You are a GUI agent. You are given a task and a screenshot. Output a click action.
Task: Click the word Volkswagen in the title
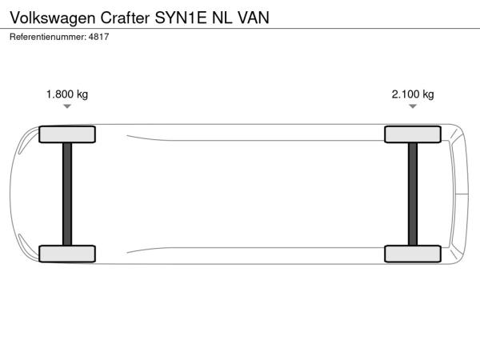[x=53, y=18]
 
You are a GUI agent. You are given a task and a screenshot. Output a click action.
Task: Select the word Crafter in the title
[x=126, y=18]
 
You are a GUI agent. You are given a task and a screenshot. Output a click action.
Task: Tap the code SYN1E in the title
[x=181, y=18]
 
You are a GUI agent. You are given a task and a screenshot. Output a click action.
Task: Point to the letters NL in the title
[x=222, y=18]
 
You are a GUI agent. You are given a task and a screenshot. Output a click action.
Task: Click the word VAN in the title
[x=254, y=18]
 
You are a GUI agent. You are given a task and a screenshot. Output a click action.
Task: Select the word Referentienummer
[x=48, y=37]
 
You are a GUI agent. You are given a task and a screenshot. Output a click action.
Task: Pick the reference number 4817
[x=99, y=37]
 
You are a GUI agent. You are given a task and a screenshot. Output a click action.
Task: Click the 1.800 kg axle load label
[x=67, y=94]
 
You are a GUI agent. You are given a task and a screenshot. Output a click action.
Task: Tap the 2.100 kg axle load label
[x=413, y=94]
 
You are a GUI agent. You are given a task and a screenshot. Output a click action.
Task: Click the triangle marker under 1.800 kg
[x=67, y=106]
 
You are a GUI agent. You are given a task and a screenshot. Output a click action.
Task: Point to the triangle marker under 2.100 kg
[x=413, y=106]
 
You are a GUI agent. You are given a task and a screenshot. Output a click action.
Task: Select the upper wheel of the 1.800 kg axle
[x=67, y=134]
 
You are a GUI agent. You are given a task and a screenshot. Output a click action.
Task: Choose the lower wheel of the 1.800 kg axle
[x=67, y=254]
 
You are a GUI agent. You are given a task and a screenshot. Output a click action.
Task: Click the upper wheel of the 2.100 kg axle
[x=413, y=134]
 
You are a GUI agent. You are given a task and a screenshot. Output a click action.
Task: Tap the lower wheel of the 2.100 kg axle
[x=413, y=254]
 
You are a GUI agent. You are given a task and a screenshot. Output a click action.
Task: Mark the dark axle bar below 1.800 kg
[x=67, y=194]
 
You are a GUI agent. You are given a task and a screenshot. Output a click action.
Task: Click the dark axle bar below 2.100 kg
[x=413, y=194]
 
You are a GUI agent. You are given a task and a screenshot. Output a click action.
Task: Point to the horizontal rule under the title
[x=240, y=29]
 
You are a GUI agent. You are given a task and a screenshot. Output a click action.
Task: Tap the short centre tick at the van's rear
[x=462, y=194]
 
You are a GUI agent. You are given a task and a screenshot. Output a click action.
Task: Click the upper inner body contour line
[x=256, y=140]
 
